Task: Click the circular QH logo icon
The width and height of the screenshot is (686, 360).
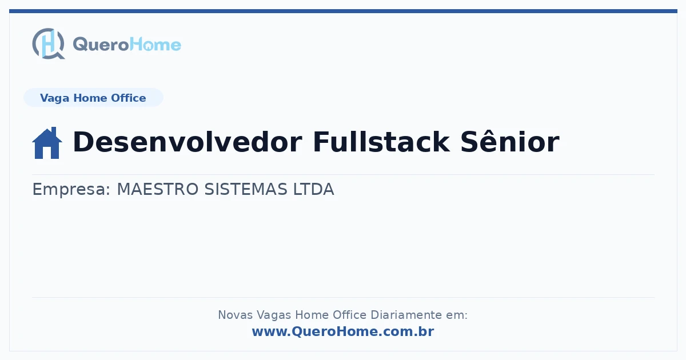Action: (x=49, y=43)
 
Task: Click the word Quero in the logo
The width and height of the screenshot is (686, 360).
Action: (x=101, y=45)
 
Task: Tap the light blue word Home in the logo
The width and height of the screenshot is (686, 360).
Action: (x=155, y=45)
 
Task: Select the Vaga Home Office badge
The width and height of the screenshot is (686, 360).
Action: (x=93, y=98)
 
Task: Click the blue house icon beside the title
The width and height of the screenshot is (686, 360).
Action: (x=47, y=143)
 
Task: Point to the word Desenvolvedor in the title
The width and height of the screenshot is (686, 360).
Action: (x=188, y=142)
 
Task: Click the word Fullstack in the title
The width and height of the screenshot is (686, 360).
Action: (x=381, y=142)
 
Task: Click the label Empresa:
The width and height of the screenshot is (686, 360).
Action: (x=71, y=189)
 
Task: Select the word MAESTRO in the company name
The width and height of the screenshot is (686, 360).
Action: (x=158, y=189)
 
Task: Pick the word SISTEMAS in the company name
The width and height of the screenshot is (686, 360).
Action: (x=246, y=189)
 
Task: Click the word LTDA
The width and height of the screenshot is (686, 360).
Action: (x=314, y=189)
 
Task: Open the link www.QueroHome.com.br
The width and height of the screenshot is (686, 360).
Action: (x=343, y=331)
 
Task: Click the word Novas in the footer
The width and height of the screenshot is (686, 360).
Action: (x=235, y=315)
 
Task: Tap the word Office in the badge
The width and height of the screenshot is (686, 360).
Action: (x=128, y=98)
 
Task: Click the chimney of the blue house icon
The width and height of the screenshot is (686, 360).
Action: (x=54, y=131)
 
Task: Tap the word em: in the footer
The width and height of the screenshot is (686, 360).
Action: (x=457, y=315)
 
